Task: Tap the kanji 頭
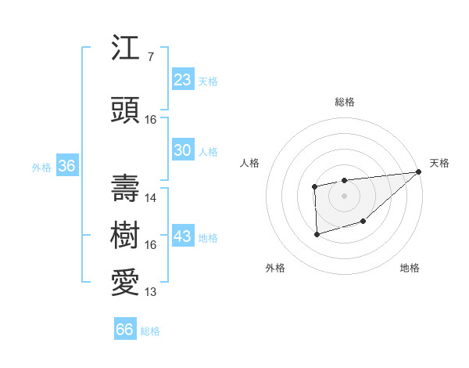(126, 109)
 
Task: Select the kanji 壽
(126, 187)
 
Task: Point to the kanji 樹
(126, 234)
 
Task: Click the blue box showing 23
(182, 80)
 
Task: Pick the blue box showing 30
(182, 150)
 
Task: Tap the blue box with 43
(182, 236)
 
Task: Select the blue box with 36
(66, 166)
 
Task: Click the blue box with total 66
(125, 330)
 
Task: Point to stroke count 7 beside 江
(150, 56)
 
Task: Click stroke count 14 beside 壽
(151, 198)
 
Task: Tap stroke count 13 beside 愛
(151, 292)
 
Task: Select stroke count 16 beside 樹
(151, 245)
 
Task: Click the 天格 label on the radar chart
(439, 163)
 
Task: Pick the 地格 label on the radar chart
(410, 269)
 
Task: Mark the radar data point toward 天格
(419, 172)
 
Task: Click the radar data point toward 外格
(317, 234)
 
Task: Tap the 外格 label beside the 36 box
(41, 167)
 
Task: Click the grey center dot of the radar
(344, 195)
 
